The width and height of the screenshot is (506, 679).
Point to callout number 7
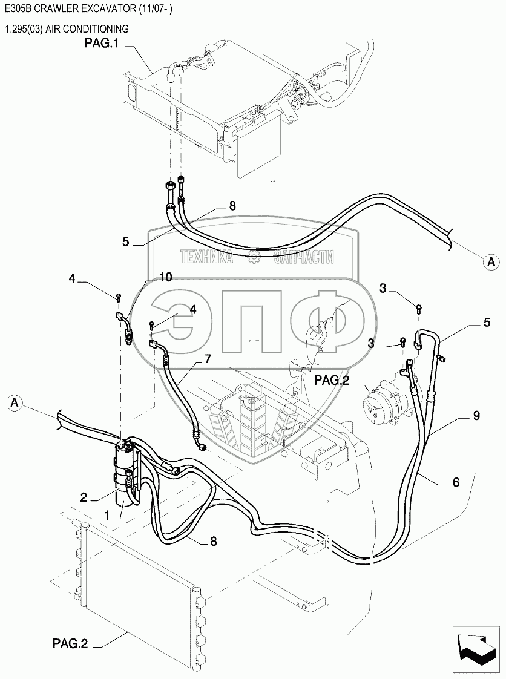[207, 359]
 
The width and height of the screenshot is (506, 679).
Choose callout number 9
[476, 416]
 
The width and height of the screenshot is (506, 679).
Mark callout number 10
[165, 277]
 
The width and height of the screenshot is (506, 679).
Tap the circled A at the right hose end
[491, 261]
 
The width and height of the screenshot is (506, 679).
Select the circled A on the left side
[16, 401]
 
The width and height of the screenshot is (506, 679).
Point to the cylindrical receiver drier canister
[125, 471]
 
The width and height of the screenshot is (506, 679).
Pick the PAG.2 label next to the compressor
[332, 380]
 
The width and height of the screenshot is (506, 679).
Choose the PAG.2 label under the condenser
[70, 645]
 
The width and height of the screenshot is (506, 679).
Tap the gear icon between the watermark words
[253, 258]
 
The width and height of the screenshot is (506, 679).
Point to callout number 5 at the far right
[486, 323]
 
